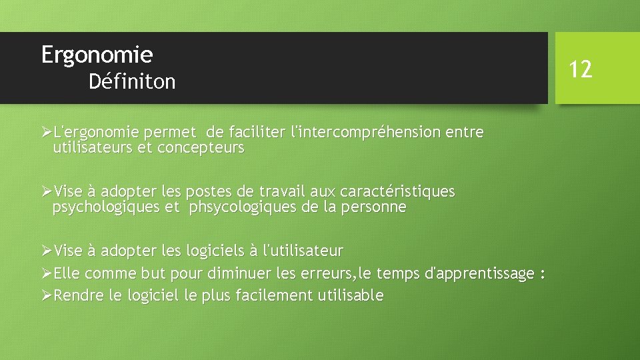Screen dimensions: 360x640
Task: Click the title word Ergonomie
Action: point(97,55)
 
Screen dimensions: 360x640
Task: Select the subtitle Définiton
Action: point(132,82)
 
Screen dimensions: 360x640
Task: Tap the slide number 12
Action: point(581,68)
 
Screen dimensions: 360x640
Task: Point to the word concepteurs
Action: point(201,148)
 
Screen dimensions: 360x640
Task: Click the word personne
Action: point(373,207)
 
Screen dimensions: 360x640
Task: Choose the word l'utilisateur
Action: point(303,251)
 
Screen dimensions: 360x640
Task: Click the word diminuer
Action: point(238,273)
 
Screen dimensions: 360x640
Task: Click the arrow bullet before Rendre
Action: point(46,295)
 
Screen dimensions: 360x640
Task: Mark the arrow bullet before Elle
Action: point(46,273)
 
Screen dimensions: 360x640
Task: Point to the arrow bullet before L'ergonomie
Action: point(46,133)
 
